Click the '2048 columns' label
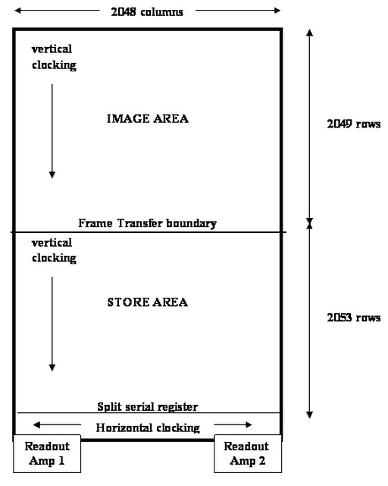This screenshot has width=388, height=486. point(147,12)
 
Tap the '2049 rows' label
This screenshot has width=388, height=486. point(354,124)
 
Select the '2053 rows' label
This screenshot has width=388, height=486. point(354,317)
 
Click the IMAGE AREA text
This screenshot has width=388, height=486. point(148,118)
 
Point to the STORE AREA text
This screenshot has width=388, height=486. point(148,302)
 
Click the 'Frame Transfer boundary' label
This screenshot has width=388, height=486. point(147,223)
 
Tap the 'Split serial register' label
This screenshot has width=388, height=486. point(148,407)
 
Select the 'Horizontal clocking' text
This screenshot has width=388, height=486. point(148,428)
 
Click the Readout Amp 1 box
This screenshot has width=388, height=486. point(47,453)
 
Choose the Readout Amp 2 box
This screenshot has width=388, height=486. point(248,453)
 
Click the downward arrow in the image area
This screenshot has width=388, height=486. point(52,131)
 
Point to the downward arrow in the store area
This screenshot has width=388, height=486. point(52,324)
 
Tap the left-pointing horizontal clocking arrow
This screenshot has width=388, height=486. point(58,424)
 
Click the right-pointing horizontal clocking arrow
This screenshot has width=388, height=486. point(233,424)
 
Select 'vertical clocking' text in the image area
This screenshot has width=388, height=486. point(54,57)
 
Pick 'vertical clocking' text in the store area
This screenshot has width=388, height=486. point(54,250)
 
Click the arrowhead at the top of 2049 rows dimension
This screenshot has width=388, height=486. point(309,32)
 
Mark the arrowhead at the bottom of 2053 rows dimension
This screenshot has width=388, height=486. point(309,415)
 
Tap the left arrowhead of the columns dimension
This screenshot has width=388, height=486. point(17,11)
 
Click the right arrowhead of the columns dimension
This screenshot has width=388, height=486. point(277,11)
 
